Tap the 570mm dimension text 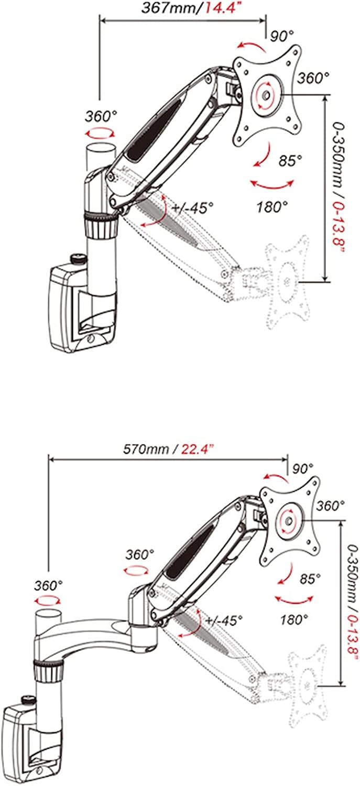click(x=145, y=449)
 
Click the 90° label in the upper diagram click(x=282, y=36)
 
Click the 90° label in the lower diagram click(x=302, y=468)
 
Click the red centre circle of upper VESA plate click(x=265, y=94)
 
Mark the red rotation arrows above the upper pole click(x=100, y=134)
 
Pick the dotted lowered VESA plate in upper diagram click(x=288, y=281)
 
